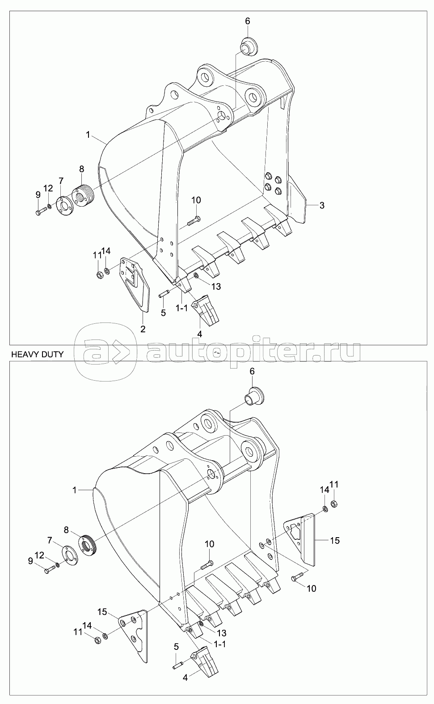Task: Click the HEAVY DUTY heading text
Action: click(x=37, y=354)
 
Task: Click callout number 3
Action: click(x=322, y=205)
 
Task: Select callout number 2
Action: click(x=143, y=330)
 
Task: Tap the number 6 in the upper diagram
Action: click(x=248, y=21)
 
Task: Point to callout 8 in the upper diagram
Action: click(x=82, y=169)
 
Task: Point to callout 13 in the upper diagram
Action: click(x=216, y=287)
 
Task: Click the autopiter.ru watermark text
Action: click(x=253, y=352)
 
